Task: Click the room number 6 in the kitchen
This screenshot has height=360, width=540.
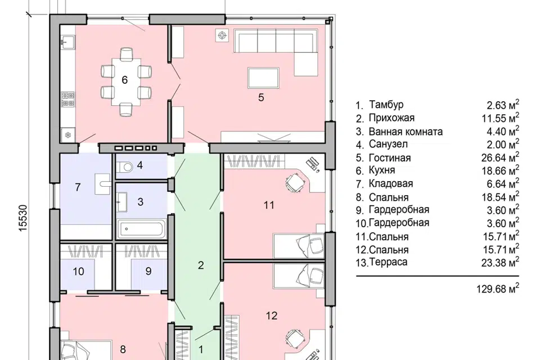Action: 125,80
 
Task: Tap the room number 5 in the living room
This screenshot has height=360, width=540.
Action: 261,97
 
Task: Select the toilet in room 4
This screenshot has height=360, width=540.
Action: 125,168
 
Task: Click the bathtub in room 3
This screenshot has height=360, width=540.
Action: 141,229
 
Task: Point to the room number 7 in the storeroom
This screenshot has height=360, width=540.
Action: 78,187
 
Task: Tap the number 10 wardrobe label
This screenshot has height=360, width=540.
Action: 79,272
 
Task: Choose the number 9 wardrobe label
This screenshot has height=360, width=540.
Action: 148,271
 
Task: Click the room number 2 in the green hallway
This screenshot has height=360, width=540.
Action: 201,265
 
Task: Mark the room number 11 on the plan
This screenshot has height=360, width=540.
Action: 269,205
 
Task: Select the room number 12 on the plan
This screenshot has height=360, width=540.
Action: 272,316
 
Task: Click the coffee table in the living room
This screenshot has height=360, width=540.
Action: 263,78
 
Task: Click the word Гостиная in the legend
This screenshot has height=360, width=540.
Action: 390,158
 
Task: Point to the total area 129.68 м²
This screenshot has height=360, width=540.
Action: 498,288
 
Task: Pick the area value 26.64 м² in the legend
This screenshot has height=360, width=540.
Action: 500,157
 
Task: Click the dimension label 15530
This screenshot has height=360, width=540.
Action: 22,218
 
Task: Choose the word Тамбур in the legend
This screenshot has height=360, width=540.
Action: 386,105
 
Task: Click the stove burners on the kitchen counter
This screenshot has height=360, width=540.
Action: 68,99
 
